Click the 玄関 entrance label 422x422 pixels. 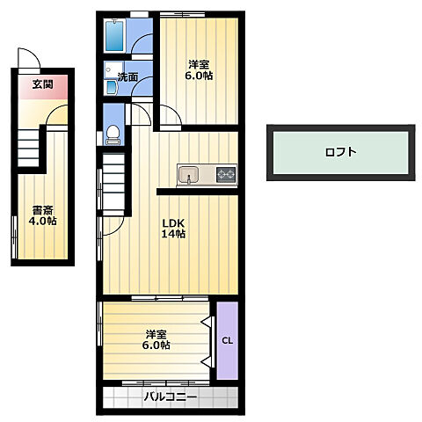coord(43,84)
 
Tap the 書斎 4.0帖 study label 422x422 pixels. coord(43,215)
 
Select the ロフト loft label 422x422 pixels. coord(341,152)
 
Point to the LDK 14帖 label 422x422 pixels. coord(173,229)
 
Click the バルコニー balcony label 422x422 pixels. coord(171,397)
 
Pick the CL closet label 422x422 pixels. coord(228,341)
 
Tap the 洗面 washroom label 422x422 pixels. coord(127,76)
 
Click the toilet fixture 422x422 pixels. coord(113,135)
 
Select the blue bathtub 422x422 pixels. coord(114,36)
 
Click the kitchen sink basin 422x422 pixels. coord(188,175)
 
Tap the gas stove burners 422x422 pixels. coord(226,175)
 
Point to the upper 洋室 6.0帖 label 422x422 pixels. coord(199,70)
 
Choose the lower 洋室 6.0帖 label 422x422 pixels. coord(156,339)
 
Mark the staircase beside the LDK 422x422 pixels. coord(113,182)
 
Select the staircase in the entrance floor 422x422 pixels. coord(28,149)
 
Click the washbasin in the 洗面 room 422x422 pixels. coord(112,87)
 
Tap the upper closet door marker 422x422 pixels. coord(207,321)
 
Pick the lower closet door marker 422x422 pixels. coord(207,362)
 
